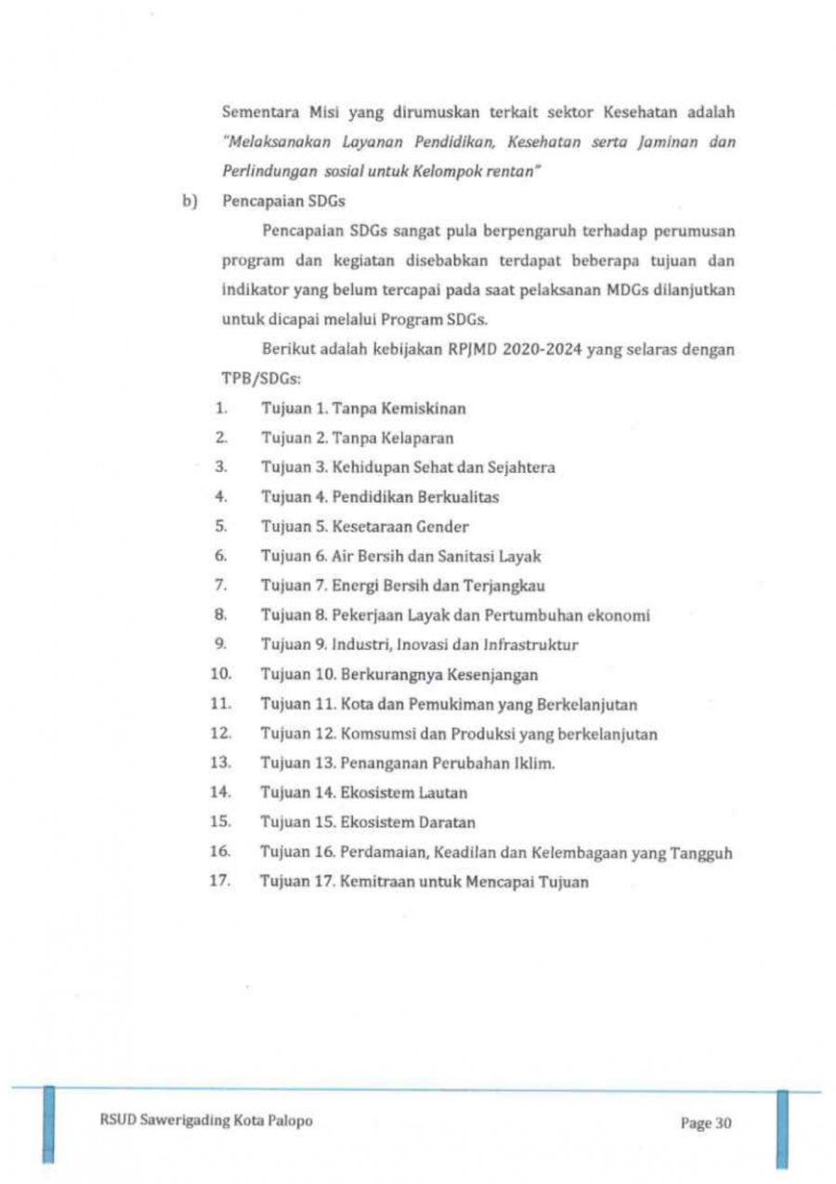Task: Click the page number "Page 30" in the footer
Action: (706, 1123)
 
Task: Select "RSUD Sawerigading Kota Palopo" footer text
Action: (205, 1121)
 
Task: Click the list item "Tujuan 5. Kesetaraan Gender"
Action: (364, 526)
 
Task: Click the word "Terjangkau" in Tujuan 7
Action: (507, 585)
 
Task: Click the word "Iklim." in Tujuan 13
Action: (536, 764)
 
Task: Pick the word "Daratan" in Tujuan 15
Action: (445, 823)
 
